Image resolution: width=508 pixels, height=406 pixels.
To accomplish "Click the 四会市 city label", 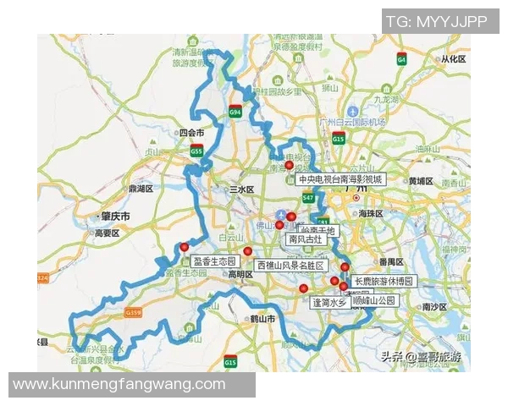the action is (x=191, y=133).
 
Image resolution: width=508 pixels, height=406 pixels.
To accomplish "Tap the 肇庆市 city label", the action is (x=115, y=217).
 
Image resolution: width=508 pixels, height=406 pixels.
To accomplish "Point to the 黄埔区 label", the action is (x=420, y=182).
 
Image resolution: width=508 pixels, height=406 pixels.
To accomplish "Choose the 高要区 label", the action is (x=108, y=233).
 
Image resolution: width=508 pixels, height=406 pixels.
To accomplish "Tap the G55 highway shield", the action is (x=196, y=151).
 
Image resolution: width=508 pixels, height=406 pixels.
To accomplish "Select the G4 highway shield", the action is (x=401, y=59).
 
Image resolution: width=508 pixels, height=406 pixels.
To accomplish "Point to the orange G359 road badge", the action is (x=132, y=313).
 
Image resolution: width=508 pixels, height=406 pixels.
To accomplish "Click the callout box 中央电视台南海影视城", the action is (x=340, y=179).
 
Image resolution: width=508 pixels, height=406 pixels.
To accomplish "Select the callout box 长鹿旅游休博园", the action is (x=384, y=281).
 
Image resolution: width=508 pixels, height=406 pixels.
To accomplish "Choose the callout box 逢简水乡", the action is (x=330, y=302).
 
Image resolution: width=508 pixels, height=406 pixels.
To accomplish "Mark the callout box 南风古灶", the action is (x=306, y=239).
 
